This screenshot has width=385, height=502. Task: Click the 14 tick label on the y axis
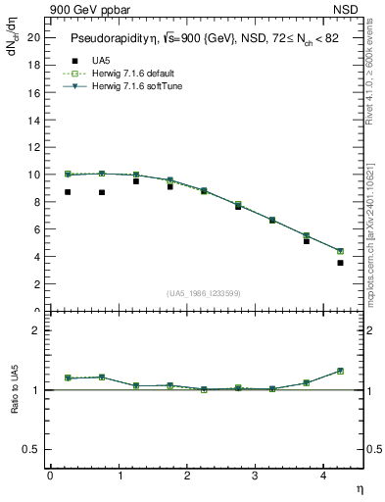(x=35, y=120)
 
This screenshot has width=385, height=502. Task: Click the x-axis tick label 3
(x=255, y=476)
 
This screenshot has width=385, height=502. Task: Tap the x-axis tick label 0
(x=50, y=476)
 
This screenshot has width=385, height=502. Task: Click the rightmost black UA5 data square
(x=340, y=263)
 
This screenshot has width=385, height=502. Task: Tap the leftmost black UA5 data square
(x=68, y=192)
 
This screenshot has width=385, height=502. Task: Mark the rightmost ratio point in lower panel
(x=340, y=371)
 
